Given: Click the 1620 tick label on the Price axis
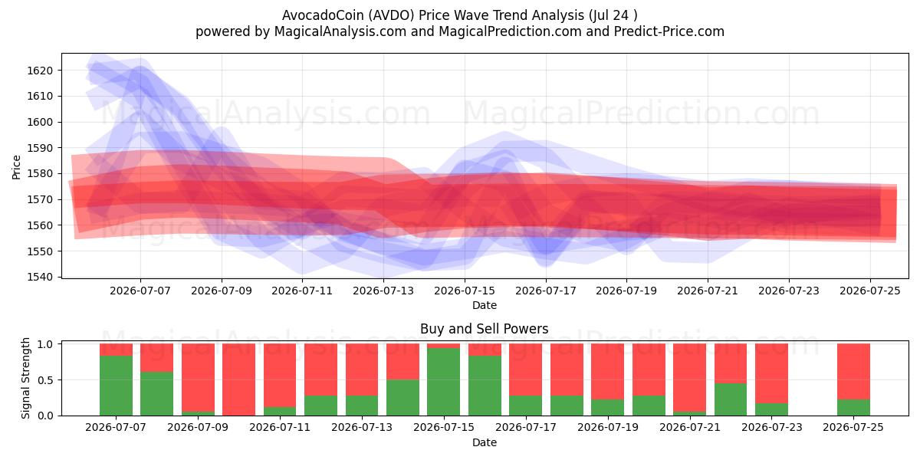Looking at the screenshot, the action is [x=40, y=71].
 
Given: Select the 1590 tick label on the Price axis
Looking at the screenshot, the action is [x=40, y=148].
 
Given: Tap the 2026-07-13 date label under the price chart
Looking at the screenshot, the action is [x=383, y=291].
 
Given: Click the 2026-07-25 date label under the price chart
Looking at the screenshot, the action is [x=870, y=291].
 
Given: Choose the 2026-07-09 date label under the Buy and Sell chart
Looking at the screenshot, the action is [x=198, y=427].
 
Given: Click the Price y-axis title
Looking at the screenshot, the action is [x=16, y=167].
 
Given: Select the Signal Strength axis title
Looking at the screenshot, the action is [x=25, y=378].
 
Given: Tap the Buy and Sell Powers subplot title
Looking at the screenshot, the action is [x=485, y=329].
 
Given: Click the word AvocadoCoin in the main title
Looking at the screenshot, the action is [x=323, y=15].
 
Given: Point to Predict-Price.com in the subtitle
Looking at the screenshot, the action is [x=669, y=31].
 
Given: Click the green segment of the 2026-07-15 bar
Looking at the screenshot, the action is [x=444, y=382].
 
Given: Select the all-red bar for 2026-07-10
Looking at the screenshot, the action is [x=238, y=379].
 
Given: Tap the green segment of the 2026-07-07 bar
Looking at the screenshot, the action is [x=116, y=386].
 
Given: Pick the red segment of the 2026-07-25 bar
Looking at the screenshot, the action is [x=853, y=371].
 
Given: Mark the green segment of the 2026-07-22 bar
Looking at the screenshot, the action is [x=731, y=399].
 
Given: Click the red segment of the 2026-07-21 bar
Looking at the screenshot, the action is [x=689, y=377].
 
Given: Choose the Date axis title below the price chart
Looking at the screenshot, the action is [x=485, y=305].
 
